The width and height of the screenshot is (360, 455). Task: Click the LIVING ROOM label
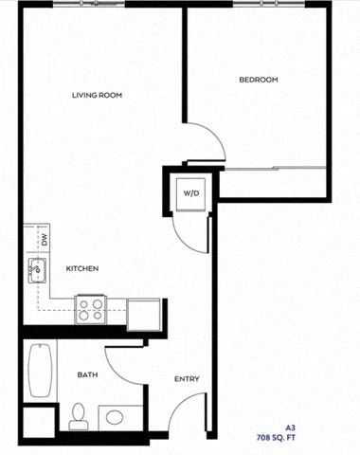(99, 94)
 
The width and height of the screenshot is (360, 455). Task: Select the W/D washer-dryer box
(191, 193)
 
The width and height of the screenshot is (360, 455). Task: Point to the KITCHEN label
(82, 268)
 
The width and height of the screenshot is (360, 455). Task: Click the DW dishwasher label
(44, 241)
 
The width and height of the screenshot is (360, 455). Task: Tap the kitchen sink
(38, 270)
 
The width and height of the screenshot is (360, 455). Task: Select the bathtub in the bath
(39, 371)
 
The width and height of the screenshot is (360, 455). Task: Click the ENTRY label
(186, 379)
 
